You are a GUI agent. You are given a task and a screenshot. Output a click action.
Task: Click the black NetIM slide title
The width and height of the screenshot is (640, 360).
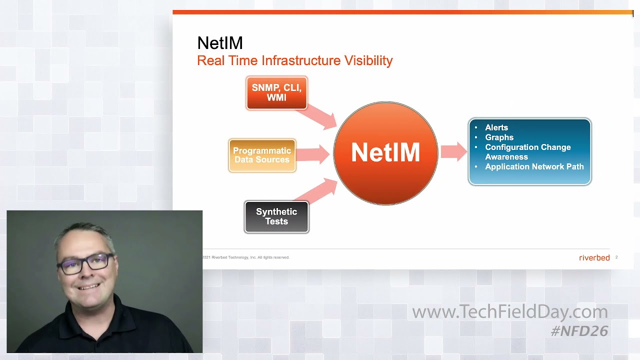[x=220, y=43]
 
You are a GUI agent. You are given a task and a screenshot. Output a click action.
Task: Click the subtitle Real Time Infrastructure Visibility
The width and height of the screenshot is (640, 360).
[x=294, y=61]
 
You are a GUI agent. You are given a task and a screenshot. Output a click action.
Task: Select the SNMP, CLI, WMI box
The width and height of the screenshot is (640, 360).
[x=276, y=93]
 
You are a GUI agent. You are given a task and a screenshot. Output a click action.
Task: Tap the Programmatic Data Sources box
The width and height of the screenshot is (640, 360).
[x=262, y=155]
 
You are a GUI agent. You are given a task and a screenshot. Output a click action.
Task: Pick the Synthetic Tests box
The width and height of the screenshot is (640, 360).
[x=276, y=216]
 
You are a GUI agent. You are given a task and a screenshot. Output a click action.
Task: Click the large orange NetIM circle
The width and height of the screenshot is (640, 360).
[x=385, y=153]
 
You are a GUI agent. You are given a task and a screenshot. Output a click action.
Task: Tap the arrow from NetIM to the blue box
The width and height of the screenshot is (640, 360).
[x=454, y=152]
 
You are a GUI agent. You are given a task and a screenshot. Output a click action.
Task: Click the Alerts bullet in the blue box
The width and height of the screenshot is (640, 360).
[x=496, y=127]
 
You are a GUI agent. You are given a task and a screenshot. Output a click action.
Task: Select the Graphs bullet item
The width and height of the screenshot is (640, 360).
[x=499, y=137]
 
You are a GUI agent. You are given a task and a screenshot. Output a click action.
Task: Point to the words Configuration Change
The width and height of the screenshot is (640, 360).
[x=527, y=147]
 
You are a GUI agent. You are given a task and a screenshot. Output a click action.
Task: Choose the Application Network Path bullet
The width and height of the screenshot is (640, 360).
[x=534, y=166]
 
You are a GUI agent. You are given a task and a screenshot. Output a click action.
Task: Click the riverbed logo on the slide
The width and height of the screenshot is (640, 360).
[x=594, y=257]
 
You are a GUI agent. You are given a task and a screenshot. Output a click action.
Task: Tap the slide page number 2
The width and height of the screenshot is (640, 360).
[x=616, y=257]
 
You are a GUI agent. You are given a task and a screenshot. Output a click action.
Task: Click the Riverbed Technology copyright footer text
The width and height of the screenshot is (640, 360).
[x=246, y=257]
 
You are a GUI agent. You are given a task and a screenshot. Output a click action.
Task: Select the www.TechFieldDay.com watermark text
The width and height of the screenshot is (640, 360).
[x=509, y=312]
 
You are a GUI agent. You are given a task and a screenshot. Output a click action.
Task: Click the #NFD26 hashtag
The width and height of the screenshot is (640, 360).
[x=579, y=330]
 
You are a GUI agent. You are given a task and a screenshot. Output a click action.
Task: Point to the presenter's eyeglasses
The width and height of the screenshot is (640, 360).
[x=85, y=262]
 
